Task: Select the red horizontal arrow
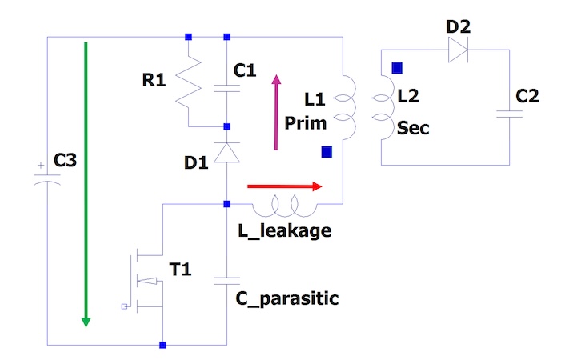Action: point(284,186)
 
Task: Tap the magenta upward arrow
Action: point(277,112)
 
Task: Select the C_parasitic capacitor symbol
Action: point(227,282)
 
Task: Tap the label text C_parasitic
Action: point(286,299)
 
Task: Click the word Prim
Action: point(303,123)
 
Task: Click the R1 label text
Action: point(154,80)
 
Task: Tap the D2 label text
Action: point(458,27)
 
